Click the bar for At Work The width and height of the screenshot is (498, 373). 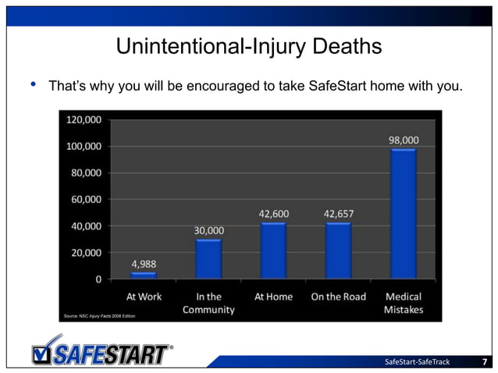pos(144,275)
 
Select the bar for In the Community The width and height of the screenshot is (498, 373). pos(208,258)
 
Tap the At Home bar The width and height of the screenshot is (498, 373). pos(273,250)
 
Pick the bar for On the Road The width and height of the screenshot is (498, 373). pos(338,250)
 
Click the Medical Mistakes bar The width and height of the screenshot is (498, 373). pos(404,213)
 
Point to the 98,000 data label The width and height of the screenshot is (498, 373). pos(404,140)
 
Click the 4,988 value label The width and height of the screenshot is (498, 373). pos(144,264)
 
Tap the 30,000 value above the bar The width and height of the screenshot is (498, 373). pos(209,230)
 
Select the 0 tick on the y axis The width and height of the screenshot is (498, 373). pos(98,279)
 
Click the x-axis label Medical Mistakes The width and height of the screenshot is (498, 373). pos(404,303)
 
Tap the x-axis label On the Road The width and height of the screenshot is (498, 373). pos(338,297)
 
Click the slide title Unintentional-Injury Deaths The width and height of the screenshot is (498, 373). pos(248,47)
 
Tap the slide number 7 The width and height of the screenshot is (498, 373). pos(485,361)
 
